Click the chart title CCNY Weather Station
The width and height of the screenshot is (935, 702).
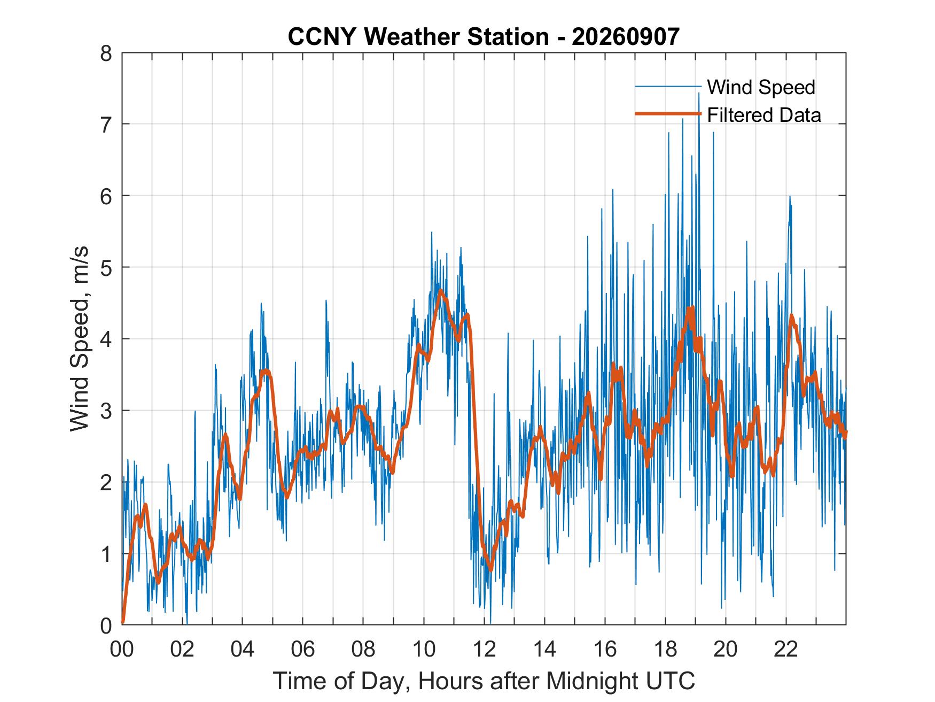pos(418,37)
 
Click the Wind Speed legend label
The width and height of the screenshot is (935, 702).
pos(761,87)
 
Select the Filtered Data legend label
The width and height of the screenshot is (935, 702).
pos(764,114)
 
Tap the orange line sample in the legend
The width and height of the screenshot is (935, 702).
pos(668,114)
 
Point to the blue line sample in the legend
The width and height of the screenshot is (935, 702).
pos(668,87)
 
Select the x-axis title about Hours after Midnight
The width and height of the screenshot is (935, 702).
pos(484,681)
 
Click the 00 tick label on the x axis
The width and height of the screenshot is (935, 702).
pos(122,650)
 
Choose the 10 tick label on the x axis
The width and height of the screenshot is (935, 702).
pos(424,650)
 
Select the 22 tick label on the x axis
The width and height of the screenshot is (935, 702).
pos(786,650)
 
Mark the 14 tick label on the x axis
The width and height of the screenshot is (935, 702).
pos(545,650)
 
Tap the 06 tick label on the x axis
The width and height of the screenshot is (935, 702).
pos(303,650)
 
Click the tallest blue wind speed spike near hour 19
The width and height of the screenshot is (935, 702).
pos(698,94)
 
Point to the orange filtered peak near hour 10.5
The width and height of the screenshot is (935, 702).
pos(441,291)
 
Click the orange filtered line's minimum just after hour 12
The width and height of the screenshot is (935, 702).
pos(490,569)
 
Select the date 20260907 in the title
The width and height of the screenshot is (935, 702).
pos(626,37)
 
